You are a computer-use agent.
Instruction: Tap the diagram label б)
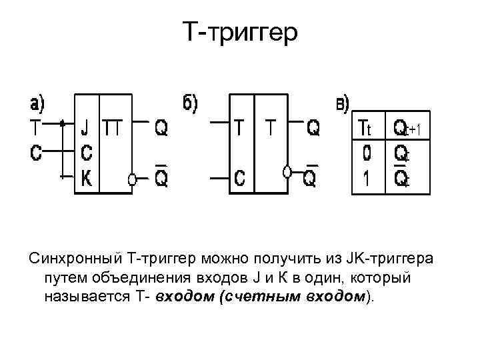191,103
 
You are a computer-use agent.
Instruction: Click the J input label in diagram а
85,127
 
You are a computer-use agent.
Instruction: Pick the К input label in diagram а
86,177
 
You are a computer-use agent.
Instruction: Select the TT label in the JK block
113,127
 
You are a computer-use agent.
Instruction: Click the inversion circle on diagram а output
133,179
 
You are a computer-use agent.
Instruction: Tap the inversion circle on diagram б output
287,172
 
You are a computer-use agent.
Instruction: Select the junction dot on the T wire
62,123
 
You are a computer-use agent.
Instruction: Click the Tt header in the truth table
367,127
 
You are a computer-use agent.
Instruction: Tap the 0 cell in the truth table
366,153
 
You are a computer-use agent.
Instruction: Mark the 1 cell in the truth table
366,179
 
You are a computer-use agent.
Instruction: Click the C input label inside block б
240,179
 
